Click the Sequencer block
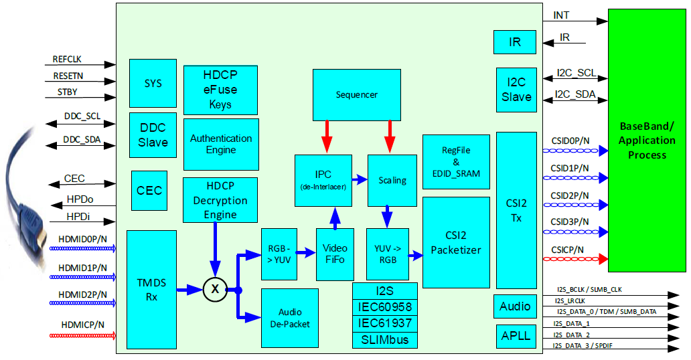point(356,94)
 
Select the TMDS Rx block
point(151,289)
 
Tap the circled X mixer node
point(214,289)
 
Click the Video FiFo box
point(335,254)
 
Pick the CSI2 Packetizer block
point(456,242)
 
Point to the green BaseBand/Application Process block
point(647,140)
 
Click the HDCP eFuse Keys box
point(220,90)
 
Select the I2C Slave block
point(516,90)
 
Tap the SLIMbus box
point(385,340)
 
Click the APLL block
point(516,336)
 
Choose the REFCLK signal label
point(67,59)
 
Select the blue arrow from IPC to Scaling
point(360,179)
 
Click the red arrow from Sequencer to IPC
point(327,137)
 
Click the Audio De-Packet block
point(290,318)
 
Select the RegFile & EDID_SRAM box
point(456,161)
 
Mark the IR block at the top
point(515,42)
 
